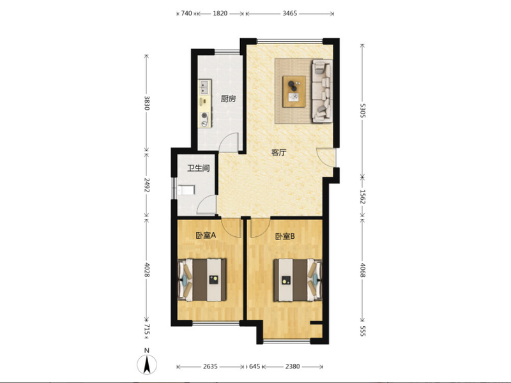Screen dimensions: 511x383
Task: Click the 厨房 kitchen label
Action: coord(228,99)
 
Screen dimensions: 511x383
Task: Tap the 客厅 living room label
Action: coord(278,153)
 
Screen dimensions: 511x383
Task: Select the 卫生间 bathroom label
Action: coord(198,168)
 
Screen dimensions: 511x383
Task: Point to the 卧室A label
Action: coord(206,235)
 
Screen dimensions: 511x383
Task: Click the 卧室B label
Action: coord(285,236)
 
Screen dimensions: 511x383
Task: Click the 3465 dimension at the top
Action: coord(290,13)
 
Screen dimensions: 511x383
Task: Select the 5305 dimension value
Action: coord(363,110)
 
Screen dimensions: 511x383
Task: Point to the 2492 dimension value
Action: coord(147,184)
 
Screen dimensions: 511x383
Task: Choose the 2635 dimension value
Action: coord(210,366)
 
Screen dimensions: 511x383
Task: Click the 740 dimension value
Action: coord(186,13)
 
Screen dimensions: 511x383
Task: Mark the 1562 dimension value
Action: coord(363,197)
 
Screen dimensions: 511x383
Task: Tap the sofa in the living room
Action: coord(323,91)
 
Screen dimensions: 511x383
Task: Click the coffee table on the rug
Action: coord(294,91)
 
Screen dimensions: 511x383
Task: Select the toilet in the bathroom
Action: coord(186,190)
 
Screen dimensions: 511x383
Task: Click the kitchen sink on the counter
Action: coord(205,87)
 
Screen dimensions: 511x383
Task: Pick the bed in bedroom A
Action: coord(202,280)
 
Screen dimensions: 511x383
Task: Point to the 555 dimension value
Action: coord(363,331)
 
